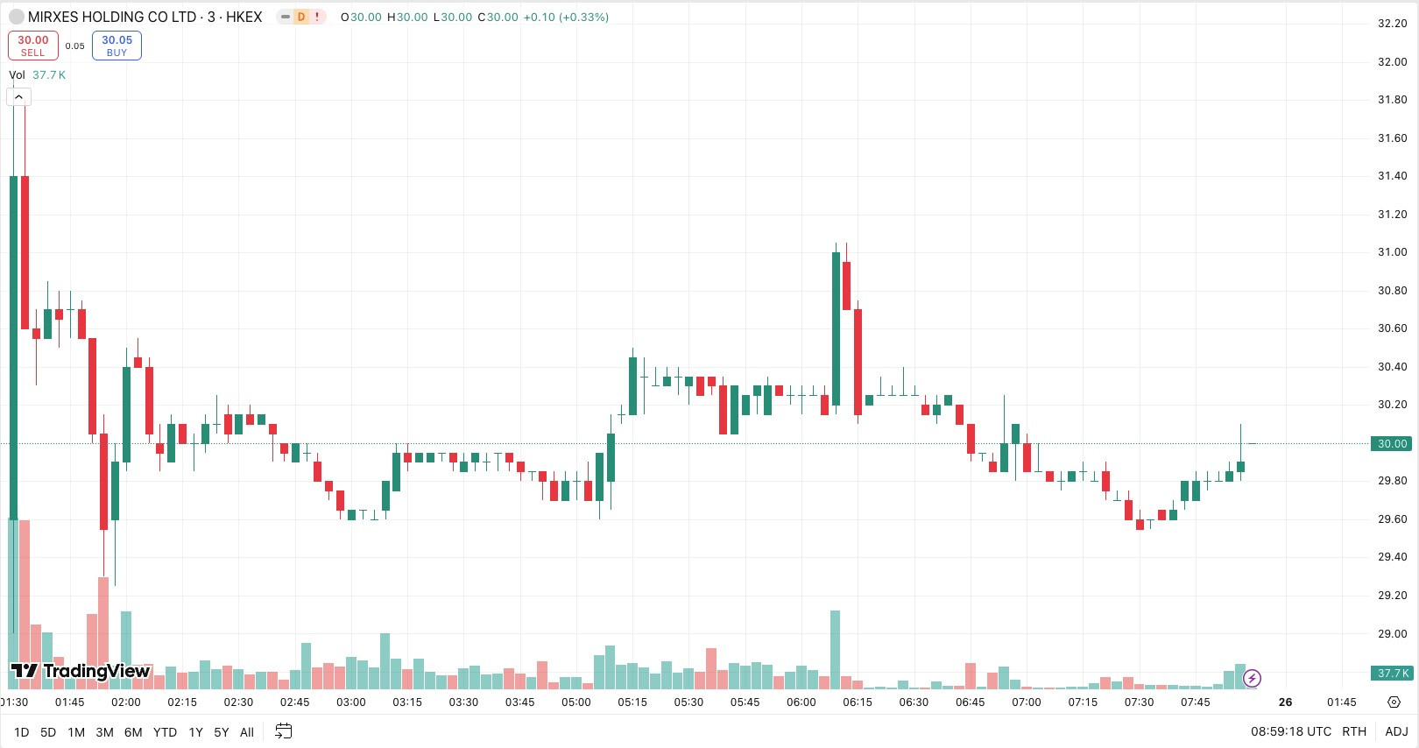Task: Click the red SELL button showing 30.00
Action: pyautogui.click(x=33, y=46)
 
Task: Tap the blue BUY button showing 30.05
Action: pyautogui.click(x=116, y=46)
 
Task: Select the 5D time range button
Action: pyautogui.click(x=48, y=732)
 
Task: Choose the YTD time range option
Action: pyautogui.click(x=165, y=732)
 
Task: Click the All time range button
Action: pyautogui.click(x=246, y=732)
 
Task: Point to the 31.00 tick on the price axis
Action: pyautogui.click(x=1392, y=252)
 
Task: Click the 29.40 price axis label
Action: pyautogui.click(x=1392, y=557)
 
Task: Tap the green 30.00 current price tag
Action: pyautogui.click(x=1391, y=443)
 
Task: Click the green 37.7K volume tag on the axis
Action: pyautogui.click(x=1391, y=673)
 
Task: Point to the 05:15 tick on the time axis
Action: pyautogui.click(x=632, y=702)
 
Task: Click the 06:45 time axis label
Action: pyautogui.click(x=970, y=702)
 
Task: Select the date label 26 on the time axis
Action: pyautogui.click(x=1285, y=702)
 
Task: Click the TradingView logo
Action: pyautogui.click(x=81, y=671)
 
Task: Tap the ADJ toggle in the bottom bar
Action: pyautogui.click(x=1396, y=731)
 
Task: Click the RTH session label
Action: pyautogui.click(x=1354, y=731)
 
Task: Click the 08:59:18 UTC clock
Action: pyautogui.click(x=1290, y=731)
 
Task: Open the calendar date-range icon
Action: pyautogui.click(x=283, y=731)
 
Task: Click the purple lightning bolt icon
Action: pyautogui.click(x=1252, y=678)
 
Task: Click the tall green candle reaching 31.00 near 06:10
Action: pyautogui.click(x=836, y=328)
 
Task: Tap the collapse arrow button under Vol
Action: pyautogui.click(x=18, y=97)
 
